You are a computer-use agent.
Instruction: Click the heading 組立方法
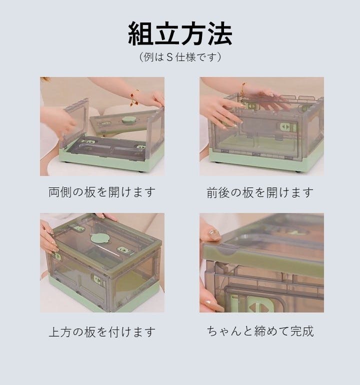pos(180,33)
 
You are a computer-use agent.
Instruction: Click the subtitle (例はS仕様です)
pos(180,57)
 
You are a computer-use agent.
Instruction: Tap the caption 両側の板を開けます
pos(102,192)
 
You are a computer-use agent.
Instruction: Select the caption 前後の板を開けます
pos(260,192)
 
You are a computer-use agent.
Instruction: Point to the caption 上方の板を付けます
pos(102,331)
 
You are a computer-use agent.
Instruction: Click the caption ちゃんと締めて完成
pos(260,331)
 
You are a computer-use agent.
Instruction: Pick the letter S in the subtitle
pos(169,57)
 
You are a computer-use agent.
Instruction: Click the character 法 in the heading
pos(219,33)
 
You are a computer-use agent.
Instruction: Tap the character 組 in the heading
pos(141,33)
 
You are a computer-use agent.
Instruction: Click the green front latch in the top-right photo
pos(287,127)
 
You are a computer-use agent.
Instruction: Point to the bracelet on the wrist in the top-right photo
pos(242,91)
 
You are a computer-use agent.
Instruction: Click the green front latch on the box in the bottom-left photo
pos(98,279)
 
